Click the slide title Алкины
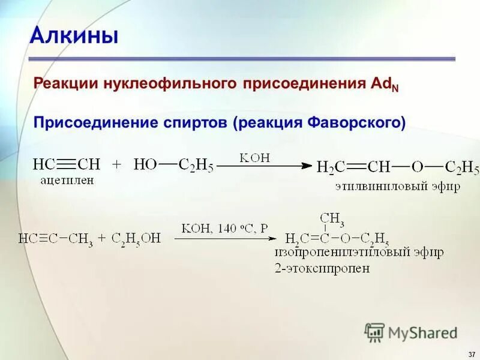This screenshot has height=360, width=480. coord(74,35)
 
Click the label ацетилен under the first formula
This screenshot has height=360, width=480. coord(67,180)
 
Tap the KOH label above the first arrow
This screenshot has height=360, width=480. coord(255,157)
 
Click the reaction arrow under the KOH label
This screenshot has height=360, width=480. coord(264,166)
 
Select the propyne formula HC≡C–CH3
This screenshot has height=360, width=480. coord(55,239)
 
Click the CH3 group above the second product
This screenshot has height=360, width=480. coord(332,218)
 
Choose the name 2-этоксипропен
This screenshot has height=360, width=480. coord(322,268)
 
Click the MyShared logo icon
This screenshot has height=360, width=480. coord(374,332)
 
